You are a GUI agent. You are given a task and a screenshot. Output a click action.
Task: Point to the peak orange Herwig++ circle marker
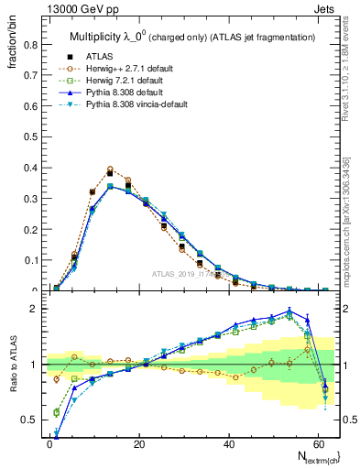pos(110,169)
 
